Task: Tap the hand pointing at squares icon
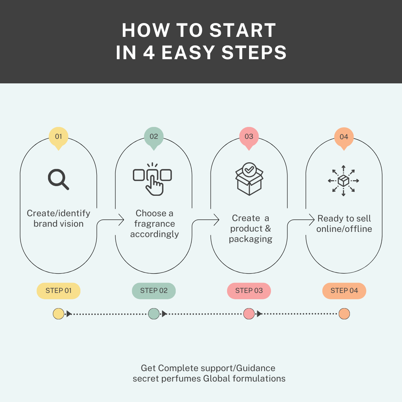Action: click(153, 179)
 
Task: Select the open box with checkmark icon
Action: click(249, 179)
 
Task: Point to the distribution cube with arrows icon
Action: click(344, 181)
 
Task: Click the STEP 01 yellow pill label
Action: click(58, 291)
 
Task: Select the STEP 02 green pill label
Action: click(154, 291)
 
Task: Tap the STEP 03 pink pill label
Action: click(249, 291)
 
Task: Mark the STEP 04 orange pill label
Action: click(344, 291)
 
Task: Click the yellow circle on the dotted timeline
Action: click(58, 314)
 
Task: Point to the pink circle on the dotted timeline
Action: click(249, 314)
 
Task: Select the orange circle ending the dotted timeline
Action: click(344, 314)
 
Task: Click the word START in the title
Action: click(243, 30)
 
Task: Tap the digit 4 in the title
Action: click(149, 52)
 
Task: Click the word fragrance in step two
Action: click(154, 224)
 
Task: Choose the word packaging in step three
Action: click(251, 239)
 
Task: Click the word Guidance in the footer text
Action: click(256, 368)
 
